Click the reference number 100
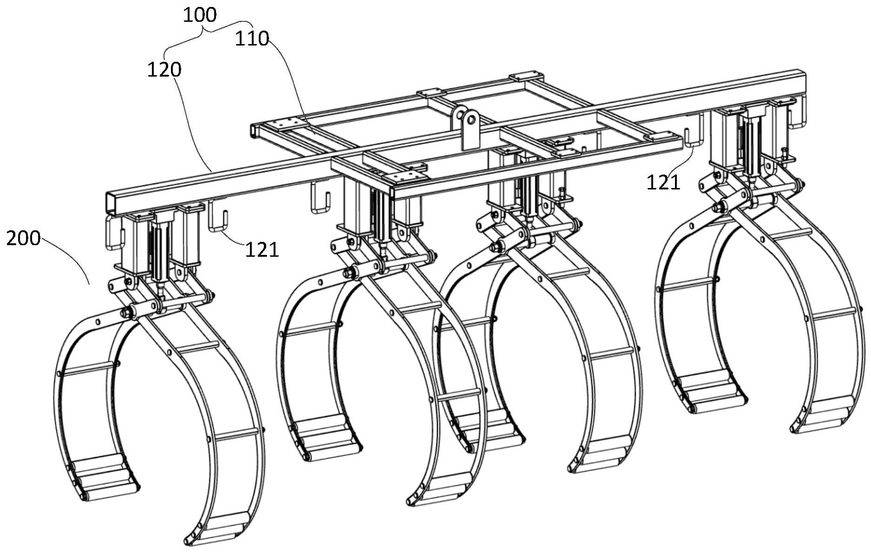[200, 15]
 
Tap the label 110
[252, 39]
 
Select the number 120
[164, 70]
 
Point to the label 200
[23, 239]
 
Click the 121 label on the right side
[664, 182]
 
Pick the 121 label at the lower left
[262, 250]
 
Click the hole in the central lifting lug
[472, 120]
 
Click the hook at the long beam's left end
[114, 233]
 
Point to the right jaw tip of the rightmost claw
[797, 427]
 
